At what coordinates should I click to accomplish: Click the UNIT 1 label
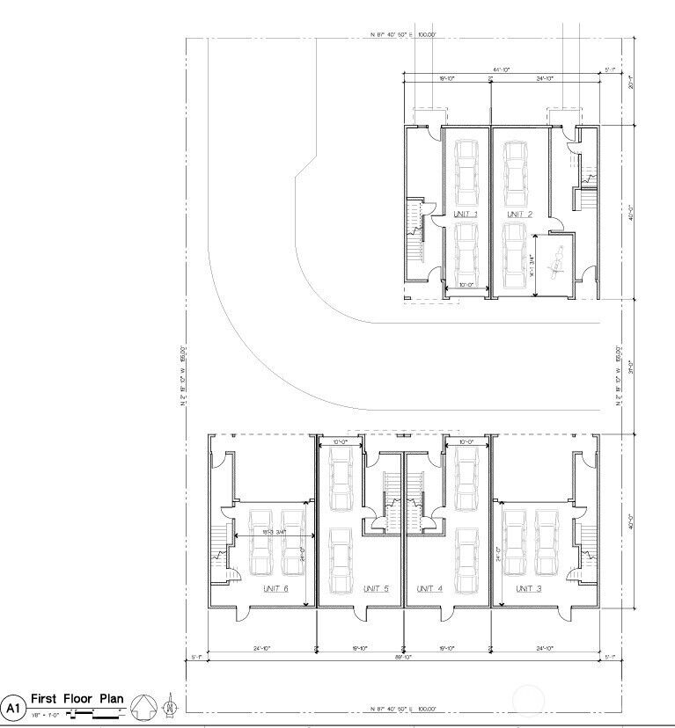click(465, 215)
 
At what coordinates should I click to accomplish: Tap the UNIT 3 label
click(529, 588)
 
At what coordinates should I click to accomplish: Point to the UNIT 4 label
click(429, 588)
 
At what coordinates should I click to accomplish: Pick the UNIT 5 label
click(375, 588)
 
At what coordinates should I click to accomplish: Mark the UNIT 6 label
click(275, 588)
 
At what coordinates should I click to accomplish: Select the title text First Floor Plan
click(77, 699)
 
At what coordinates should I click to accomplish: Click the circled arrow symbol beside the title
click(143, 705)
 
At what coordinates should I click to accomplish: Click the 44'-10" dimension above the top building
click(502, 69)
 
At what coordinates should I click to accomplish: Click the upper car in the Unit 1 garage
click(465, 173)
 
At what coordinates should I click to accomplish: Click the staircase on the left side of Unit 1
click(415, 231)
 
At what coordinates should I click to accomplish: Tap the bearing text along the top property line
click(404, 36)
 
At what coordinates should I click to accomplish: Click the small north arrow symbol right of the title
click(169, 704)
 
